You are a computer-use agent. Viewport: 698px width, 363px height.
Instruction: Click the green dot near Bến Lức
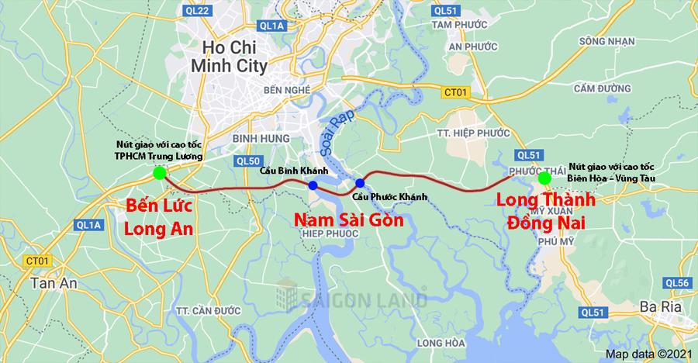(x=159, y=173)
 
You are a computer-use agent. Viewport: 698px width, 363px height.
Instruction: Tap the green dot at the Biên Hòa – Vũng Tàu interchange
(x=544, y=178)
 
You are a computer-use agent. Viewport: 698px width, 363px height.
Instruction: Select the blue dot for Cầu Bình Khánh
(x=312, y=185)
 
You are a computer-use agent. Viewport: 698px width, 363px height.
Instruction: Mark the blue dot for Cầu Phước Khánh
(x=360, y=183)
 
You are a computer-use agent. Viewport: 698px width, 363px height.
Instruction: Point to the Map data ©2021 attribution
(x=648, y=354)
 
